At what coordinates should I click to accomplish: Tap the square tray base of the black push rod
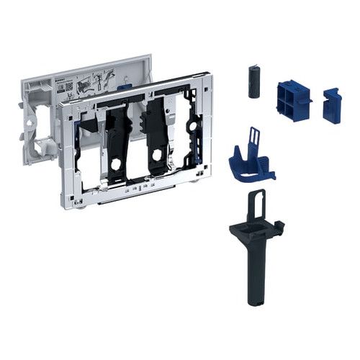click(249, 231)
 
